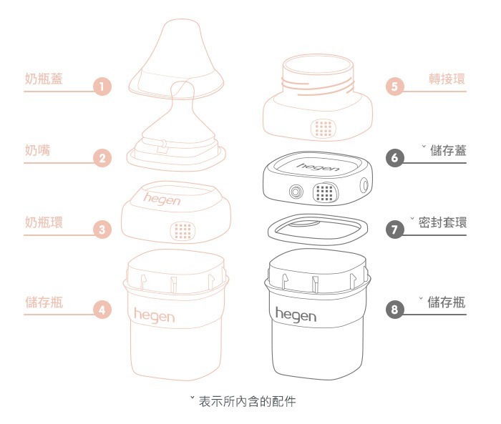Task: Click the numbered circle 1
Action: tap(102, 87)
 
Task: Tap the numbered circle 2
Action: tap(102, 159)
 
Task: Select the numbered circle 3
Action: tap(102, 230)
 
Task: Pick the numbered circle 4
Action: tap(102, 310)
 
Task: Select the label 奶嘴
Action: tap(37, 151)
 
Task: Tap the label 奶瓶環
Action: tap(43, 222)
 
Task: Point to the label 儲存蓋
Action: tap(448, 150)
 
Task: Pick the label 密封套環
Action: tap(442, 222)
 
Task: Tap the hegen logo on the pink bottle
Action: tap(154, 314)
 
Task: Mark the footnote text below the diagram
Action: tap(243, 401)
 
